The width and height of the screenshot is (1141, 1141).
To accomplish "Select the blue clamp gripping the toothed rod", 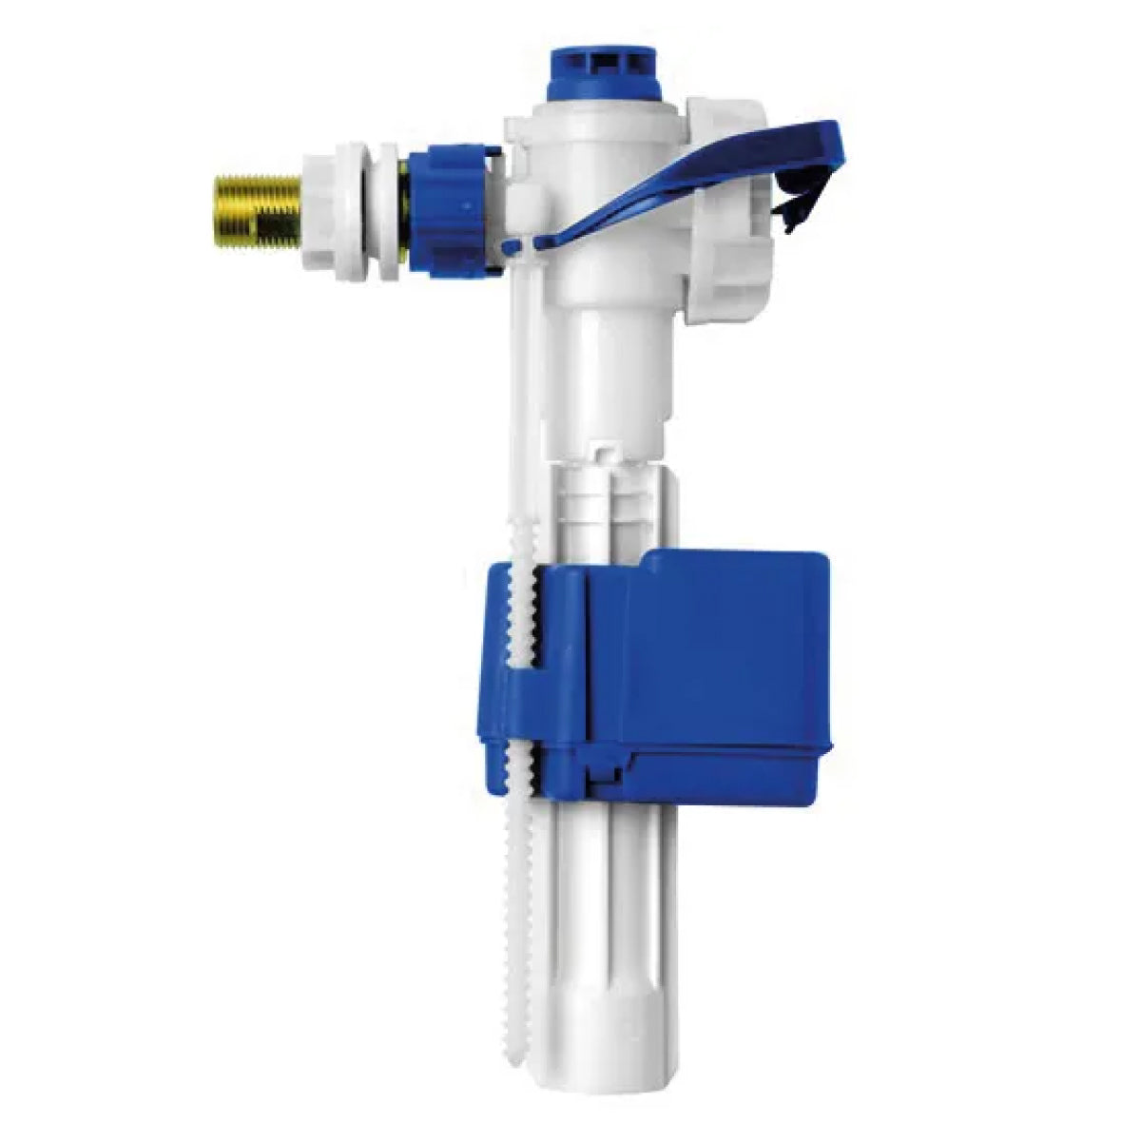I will tap(509, 666).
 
